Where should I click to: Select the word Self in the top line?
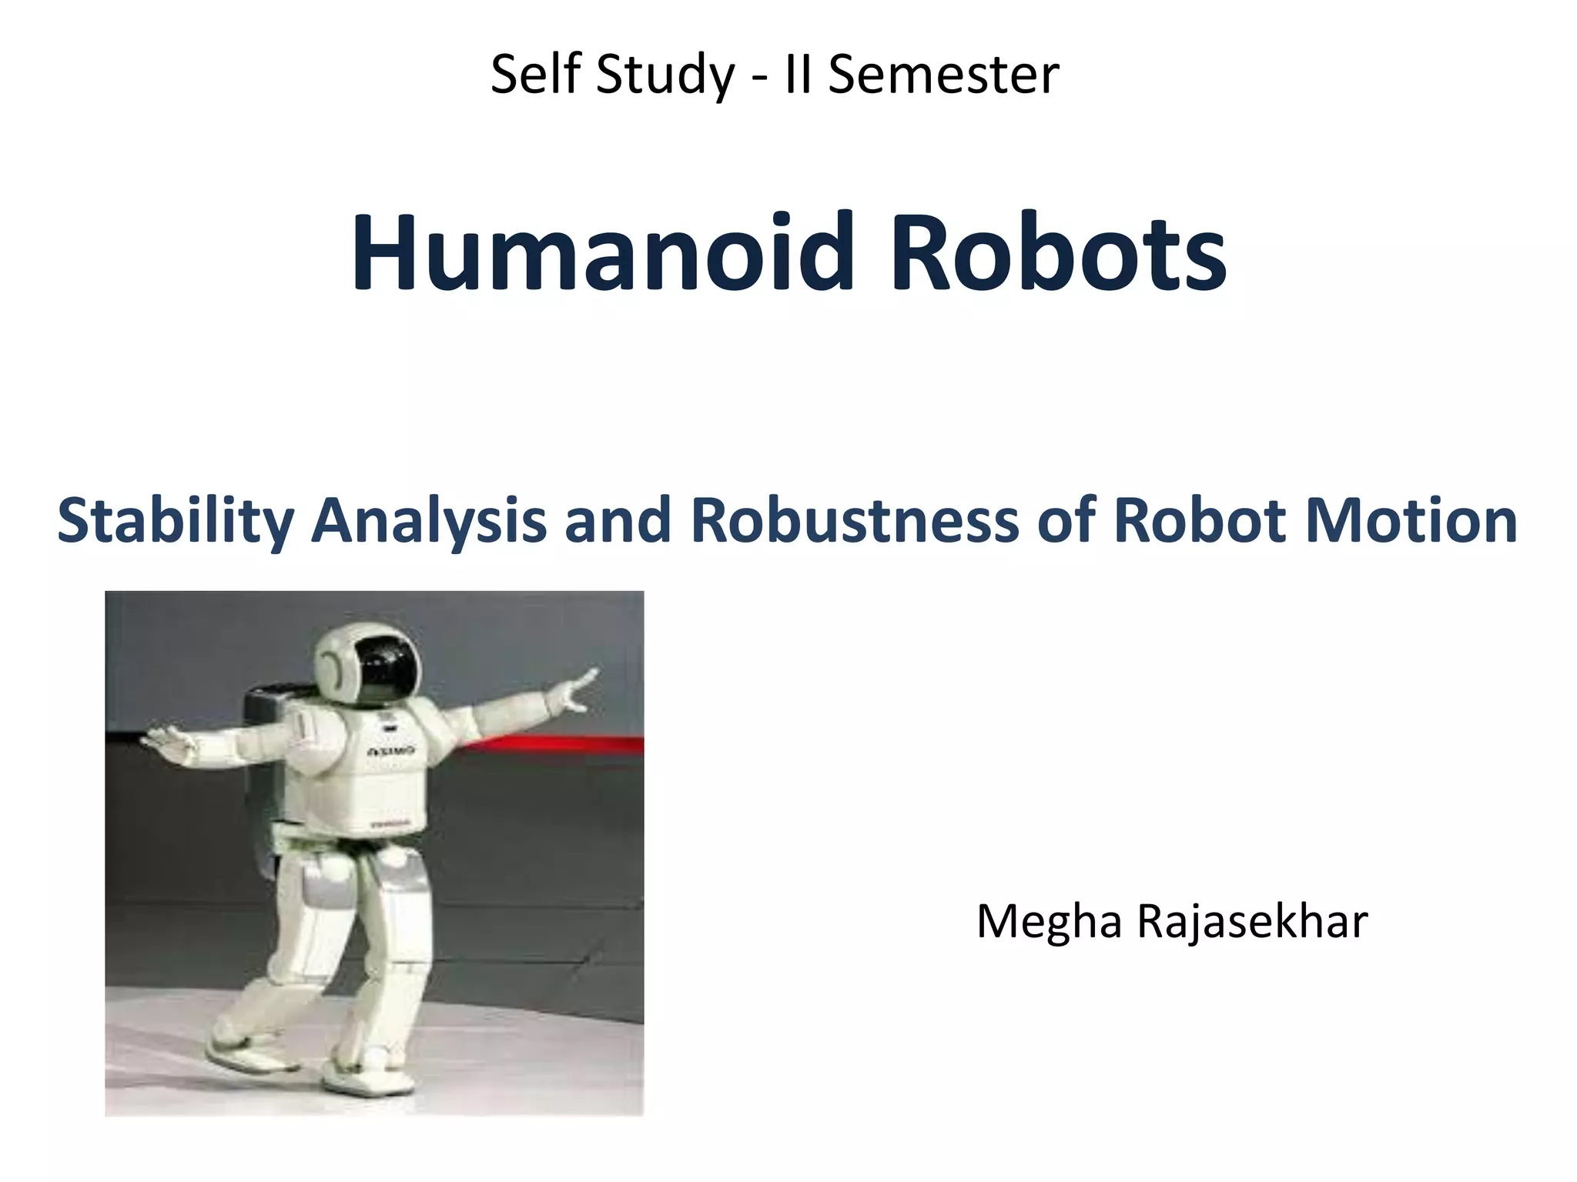tap(535, 75)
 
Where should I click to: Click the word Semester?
tap(943, 75)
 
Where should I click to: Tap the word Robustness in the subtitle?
tap(855, 521)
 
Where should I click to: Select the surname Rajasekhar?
tap(1252, 921)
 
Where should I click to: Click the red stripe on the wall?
tap(562, 745)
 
